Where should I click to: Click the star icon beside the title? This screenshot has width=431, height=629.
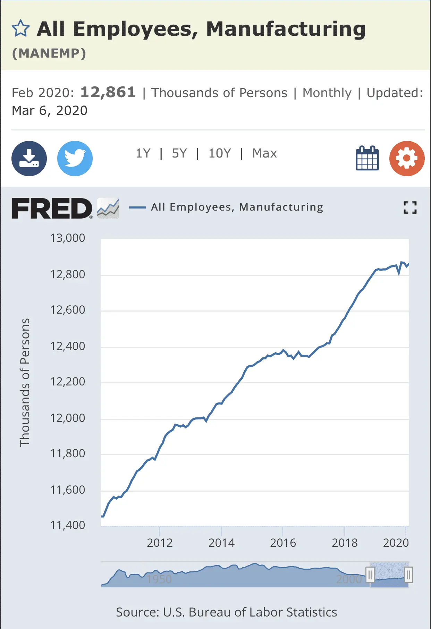(x=21, y=28)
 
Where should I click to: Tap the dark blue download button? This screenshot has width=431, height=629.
(x=29, y=159)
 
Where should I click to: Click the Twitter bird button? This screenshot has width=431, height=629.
(x=75, y=159)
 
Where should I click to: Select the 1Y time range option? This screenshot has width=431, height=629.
(x=143, y=153)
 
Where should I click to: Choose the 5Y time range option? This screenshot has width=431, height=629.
(x=179, y=153)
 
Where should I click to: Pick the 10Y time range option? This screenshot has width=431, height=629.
(x=220, y=153)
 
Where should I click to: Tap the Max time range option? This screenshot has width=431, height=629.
(x=264, y=153)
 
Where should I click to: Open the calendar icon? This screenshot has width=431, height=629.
(x=367, y=158)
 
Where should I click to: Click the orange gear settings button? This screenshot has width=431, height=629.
(x=407, y=159)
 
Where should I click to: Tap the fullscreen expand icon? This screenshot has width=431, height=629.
(x=410, y=207)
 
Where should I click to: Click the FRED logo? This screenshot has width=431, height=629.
(x=52, y=208)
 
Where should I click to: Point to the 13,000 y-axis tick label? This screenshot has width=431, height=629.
(x=68, y=238)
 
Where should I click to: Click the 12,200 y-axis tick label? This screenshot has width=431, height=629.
(x=68, y=382)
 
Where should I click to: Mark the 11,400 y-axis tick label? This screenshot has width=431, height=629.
(x=68, y=525)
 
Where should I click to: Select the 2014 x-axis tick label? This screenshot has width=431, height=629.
(x=221, y=543)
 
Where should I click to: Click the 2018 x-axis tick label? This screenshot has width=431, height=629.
(x=345, y=543)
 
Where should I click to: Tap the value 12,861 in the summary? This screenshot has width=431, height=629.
(x=108, y=92)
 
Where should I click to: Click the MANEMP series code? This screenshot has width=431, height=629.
(x=49, y=53)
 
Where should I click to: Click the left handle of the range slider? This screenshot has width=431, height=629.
(x=370, y=575)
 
